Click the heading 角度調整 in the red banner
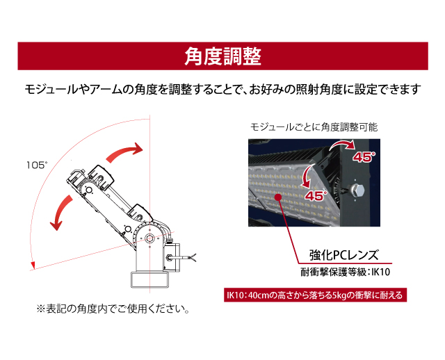click(x=222, y=56)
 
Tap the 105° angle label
click(x=37, y=165)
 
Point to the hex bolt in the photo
click(x=357, y=190)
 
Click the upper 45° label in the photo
click(x=364, y=157)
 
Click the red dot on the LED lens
click(x=278, y=197)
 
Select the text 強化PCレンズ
click(x=344, y=255)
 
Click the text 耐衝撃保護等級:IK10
click(x=345, y=272)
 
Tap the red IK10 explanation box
click(x=315, y=295)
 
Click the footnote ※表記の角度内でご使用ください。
click(x=113, y=309)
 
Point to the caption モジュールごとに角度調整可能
click(x=314, y=127)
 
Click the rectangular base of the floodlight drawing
click(x=149, y=279)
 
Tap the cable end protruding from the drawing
click(x=193, y=258)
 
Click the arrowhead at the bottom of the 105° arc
click(x=33, y=266)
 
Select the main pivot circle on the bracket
click(x=149, y=238)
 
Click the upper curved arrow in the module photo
click(x=343, y=145)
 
